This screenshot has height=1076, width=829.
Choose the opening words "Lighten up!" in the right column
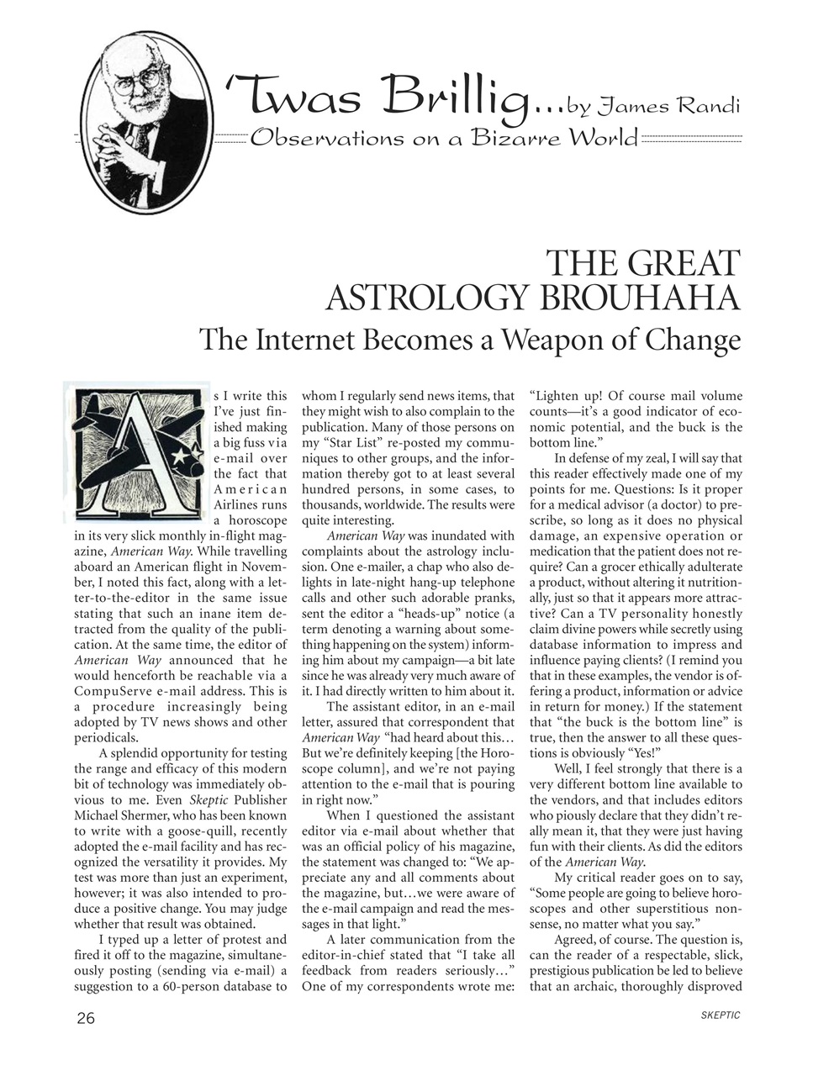(565, 395)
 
